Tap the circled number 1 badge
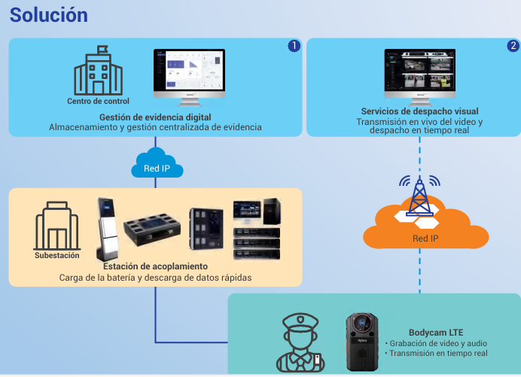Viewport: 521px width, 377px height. tap(294, 46)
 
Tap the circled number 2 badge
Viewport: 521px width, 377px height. tap(513, 46)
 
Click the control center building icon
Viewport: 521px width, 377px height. tap(98, 71)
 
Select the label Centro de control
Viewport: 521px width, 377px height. tap(98, 102)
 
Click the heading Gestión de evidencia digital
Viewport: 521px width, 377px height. tap(155, 117)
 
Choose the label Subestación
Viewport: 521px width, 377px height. tap(56, 255)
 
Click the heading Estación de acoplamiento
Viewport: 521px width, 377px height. tap(155, 266)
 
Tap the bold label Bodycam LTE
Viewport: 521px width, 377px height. tap(436, 332)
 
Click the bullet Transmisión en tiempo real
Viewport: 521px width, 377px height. tap(439, 353)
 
